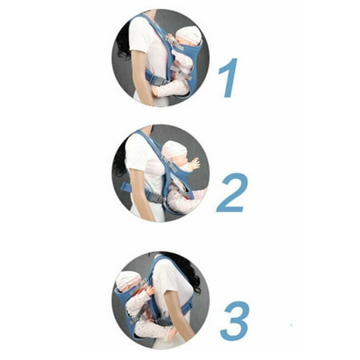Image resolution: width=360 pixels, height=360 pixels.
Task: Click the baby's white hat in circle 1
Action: point(190,36)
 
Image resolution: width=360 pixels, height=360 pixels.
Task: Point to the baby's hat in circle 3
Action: point(129,279)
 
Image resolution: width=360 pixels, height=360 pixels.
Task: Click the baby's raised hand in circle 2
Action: point(196,162)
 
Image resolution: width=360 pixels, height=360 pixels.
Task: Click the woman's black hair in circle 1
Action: point(122,50)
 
